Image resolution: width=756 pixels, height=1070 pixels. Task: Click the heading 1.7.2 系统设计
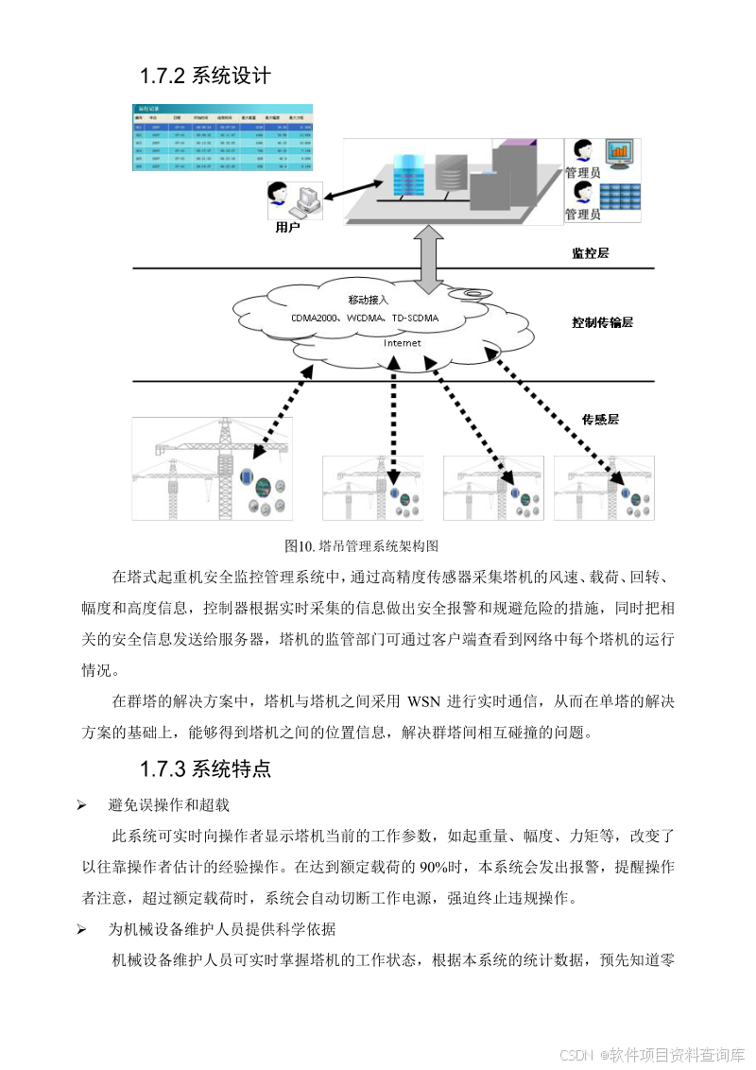tap(205, 76)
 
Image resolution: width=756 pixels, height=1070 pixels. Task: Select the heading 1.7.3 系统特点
tap(205, 768)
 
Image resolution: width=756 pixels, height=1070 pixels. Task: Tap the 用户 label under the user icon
tap(286, 227)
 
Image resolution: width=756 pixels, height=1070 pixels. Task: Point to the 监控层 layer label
tap(591, 253)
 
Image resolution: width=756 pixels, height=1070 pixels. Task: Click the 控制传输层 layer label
tap(602, 322)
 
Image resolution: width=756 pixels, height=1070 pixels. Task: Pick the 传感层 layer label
tap(600, 419)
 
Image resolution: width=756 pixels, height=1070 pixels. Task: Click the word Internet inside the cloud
tap(402, 343)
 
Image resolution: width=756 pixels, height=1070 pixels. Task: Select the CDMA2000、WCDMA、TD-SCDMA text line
tap(365, 318)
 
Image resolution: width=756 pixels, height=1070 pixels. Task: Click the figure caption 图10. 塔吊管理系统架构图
tap(362, 546)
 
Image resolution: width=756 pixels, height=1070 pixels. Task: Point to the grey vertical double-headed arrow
tap(431, 257)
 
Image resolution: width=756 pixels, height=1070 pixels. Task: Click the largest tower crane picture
tap(212, 468)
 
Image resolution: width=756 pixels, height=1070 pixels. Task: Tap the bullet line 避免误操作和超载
tap(168, 805)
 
